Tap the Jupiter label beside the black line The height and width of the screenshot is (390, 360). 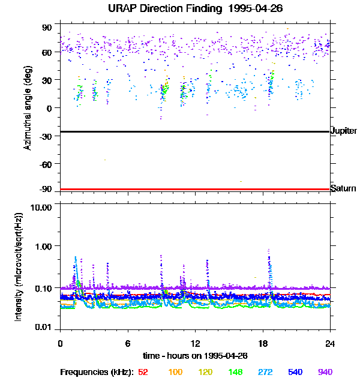pos(344,131)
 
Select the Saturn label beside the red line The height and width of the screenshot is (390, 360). pos(343,189)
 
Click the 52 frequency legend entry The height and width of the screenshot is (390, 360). pos(143,373)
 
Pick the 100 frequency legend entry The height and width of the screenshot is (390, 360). pos(175,373)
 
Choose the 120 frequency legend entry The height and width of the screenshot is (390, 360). pos(206,373)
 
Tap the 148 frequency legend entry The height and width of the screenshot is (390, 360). pos(236,373)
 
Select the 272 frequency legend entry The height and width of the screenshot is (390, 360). pos(266,373)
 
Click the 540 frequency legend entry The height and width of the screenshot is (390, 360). pos(296,373)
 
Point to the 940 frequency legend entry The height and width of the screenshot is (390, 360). pos(325,373)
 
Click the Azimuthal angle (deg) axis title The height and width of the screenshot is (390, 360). pos(28,108)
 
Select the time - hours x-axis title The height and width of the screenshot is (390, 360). pos(195,355)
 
